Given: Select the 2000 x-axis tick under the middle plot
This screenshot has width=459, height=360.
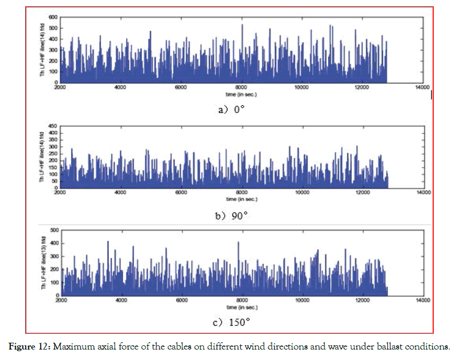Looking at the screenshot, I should (61, 193).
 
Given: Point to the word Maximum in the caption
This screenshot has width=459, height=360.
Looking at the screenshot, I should (68, 346).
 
